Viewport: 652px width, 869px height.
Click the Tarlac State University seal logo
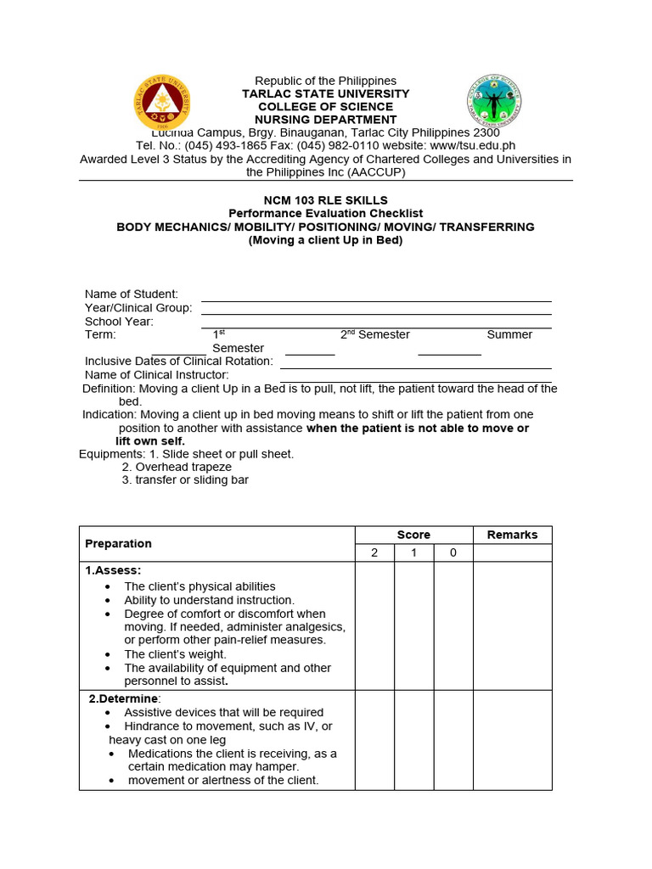(162, 103)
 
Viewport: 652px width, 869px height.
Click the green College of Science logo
(494, 101)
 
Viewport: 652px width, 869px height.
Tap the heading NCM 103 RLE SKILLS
(325, 200)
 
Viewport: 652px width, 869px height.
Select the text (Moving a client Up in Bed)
(325, 240)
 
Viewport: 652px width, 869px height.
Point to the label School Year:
(119, 322)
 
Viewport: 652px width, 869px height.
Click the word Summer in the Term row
(509, 334)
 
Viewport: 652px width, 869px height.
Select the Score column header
(413, 535)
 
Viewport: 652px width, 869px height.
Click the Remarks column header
(512, 535)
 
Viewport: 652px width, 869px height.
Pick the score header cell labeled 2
(374, 553)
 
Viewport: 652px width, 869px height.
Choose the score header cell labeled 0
(453, 553)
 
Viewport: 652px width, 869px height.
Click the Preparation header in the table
(118, 543)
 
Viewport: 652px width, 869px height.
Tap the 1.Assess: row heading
(113, 570)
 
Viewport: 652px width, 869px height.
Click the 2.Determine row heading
(125, 698)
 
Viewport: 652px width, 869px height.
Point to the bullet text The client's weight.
(175, 654)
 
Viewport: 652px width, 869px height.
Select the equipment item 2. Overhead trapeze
(177, 467)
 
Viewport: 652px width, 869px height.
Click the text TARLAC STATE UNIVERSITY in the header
(325, 93)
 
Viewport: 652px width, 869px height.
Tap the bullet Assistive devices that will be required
(223, 712)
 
